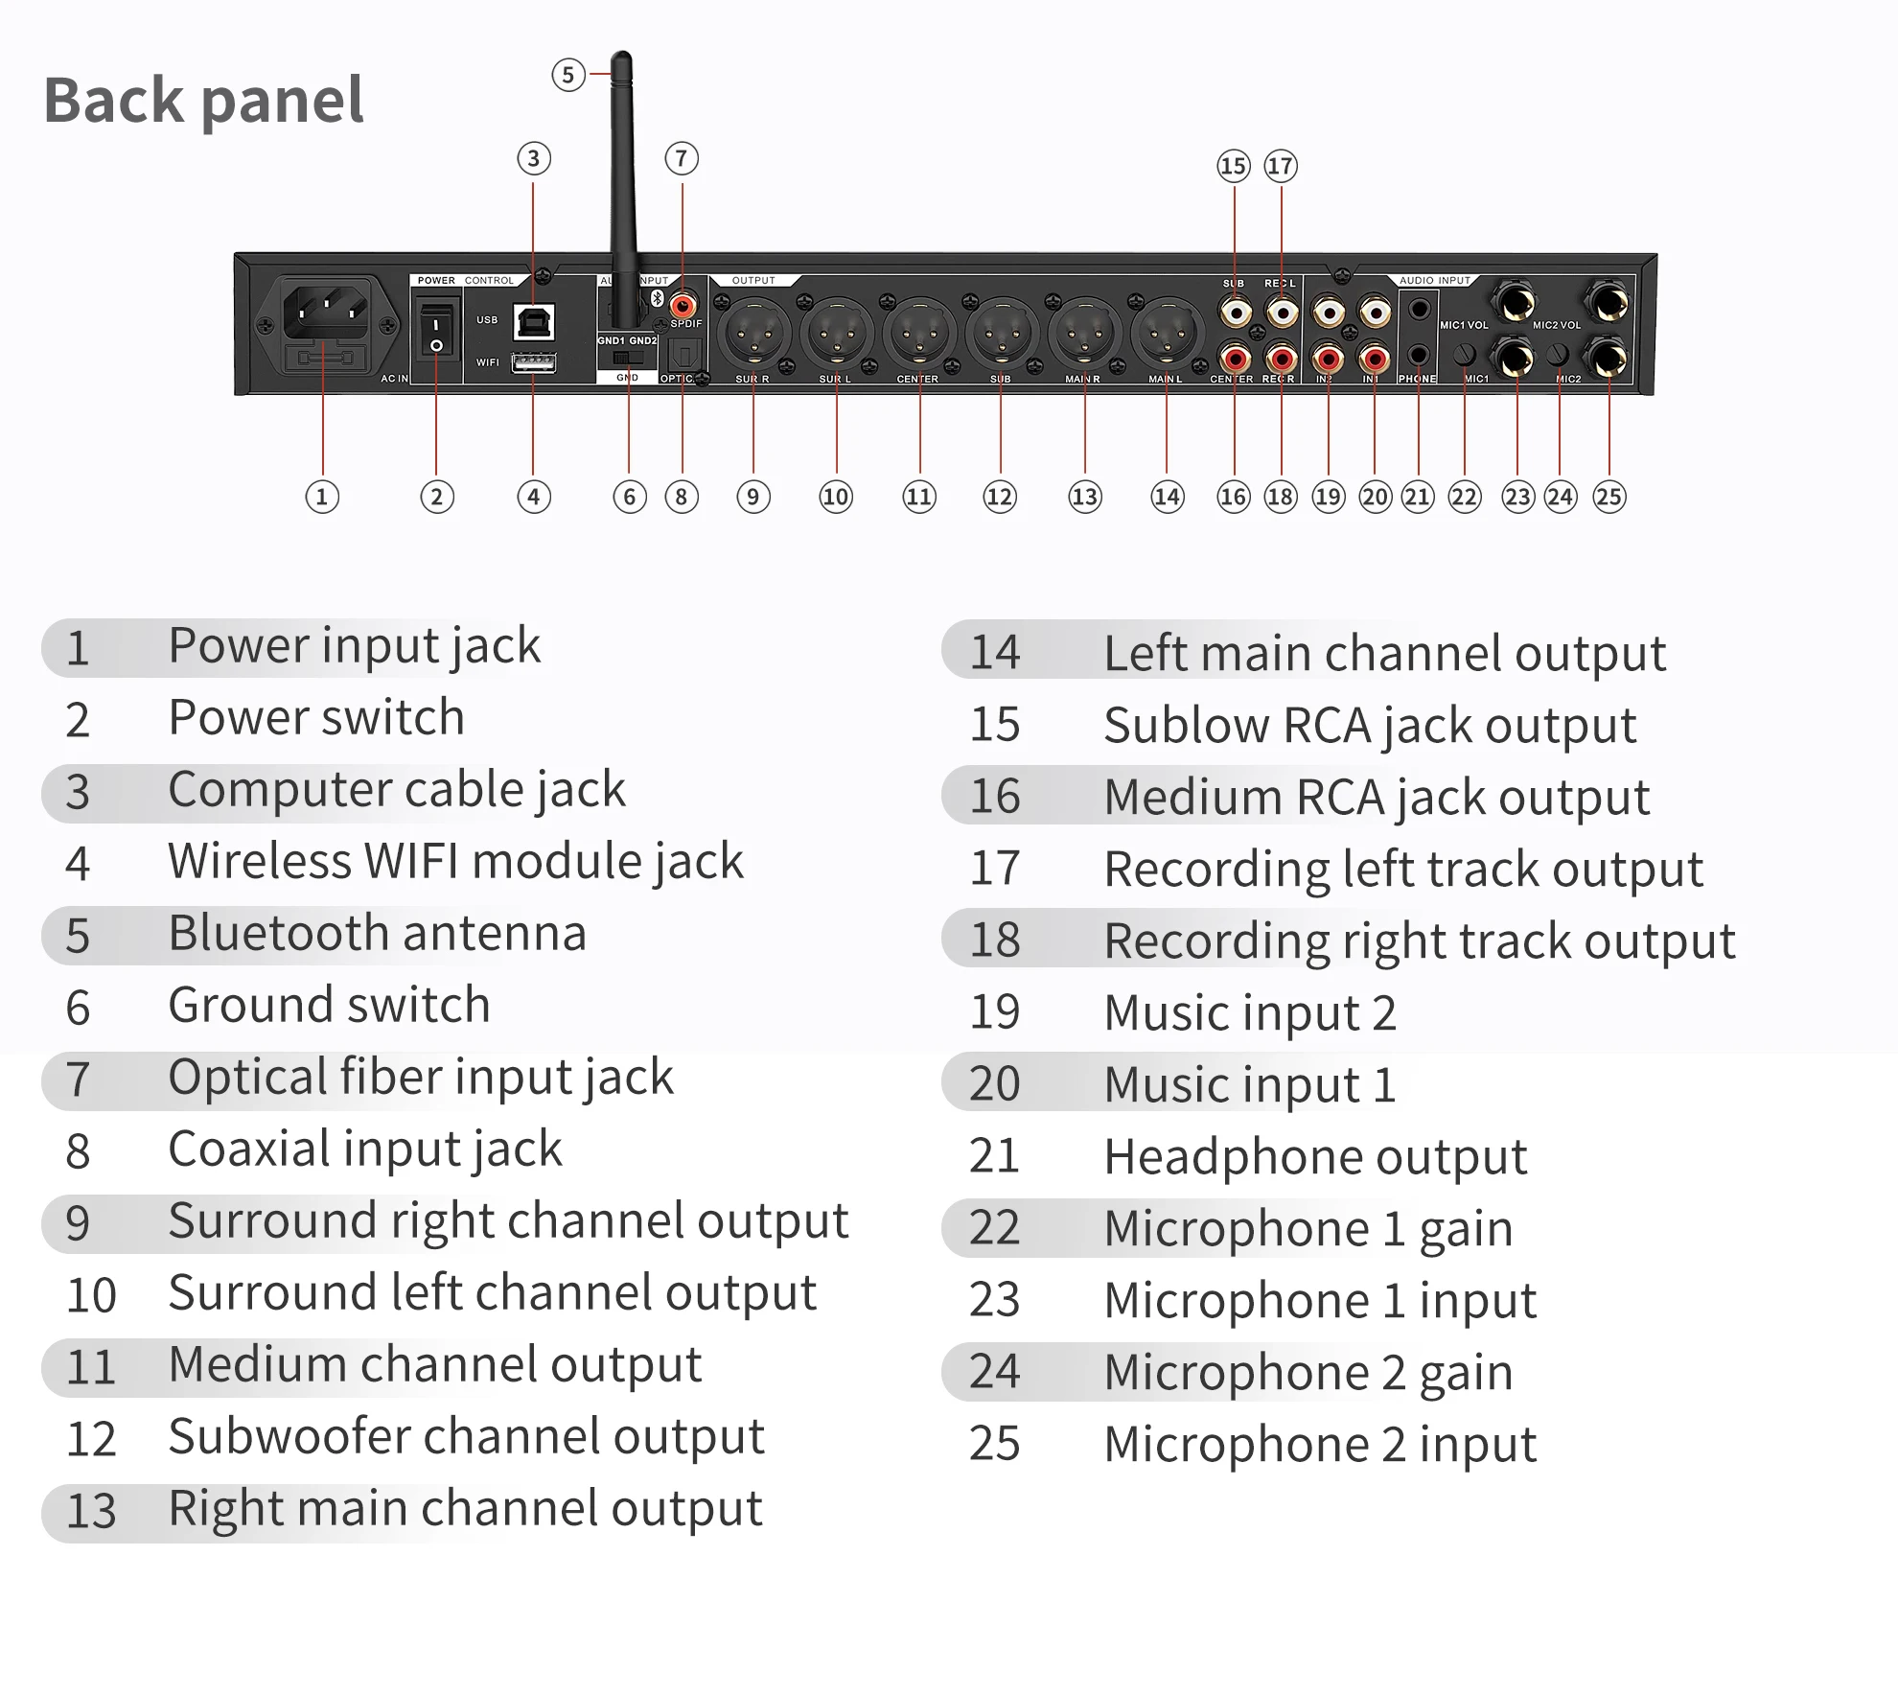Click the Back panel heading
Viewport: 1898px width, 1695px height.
(203, 100)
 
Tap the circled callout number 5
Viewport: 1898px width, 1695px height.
(567, 75)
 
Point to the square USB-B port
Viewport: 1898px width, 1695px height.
(534, 322)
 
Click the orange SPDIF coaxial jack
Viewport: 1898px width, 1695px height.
(683, 306)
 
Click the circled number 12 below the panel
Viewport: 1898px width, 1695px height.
(999, 497)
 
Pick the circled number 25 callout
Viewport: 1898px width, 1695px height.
(1609, 497)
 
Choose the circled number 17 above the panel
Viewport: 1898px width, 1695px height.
(1280, 166)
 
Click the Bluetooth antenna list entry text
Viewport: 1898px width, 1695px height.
(377, 933)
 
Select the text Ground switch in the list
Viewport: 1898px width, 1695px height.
(329, 1005)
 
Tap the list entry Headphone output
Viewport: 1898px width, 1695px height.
(1314, 1156)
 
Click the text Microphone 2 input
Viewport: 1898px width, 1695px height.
(1319, 1444)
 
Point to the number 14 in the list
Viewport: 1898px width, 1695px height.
(994, 653)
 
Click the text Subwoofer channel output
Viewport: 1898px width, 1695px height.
(466, 1436)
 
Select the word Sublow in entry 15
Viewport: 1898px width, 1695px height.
(1186, 725)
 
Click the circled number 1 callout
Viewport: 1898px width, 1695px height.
(322, 497)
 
